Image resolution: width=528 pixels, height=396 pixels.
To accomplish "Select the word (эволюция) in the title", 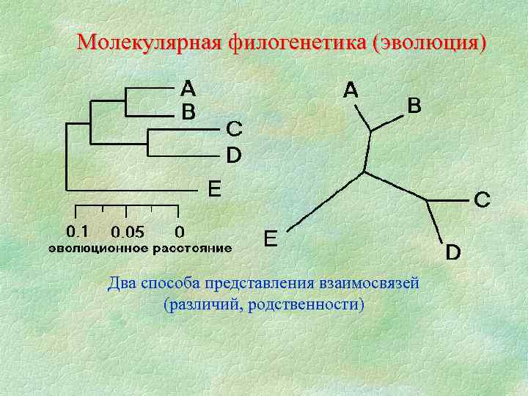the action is point(429,43).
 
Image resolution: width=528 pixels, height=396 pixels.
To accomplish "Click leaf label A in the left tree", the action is point(188,89).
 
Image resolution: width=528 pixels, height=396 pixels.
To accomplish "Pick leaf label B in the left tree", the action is point(188,113).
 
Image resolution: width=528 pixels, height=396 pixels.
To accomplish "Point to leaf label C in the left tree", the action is point(233,129).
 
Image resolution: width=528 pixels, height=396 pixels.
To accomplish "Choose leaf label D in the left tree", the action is point(233,155).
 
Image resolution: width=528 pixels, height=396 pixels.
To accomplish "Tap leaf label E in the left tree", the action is point(213,190).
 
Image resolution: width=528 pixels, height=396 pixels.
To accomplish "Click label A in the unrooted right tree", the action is point(351,91).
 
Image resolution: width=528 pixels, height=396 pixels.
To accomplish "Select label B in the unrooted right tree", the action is point(414,107).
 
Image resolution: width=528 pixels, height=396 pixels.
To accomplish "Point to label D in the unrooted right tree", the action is point(454,253).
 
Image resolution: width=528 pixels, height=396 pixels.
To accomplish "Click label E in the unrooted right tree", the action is point(271,239).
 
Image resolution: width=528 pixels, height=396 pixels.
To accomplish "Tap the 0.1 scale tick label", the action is point(78,232).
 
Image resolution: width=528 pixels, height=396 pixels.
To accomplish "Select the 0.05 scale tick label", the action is point(128,232).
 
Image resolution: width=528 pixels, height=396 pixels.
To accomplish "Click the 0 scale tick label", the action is point(180,232).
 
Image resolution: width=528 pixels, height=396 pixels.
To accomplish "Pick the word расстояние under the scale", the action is point(192,248).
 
